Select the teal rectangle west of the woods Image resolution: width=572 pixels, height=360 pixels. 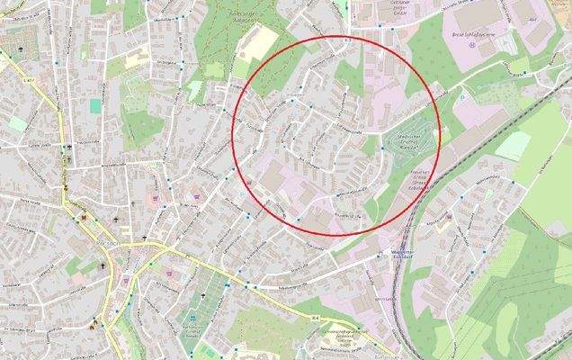pyautogui.click(x=95, y=105)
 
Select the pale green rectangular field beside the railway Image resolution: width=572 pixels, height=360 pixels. pyautogui.click(x=513, y=145)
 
